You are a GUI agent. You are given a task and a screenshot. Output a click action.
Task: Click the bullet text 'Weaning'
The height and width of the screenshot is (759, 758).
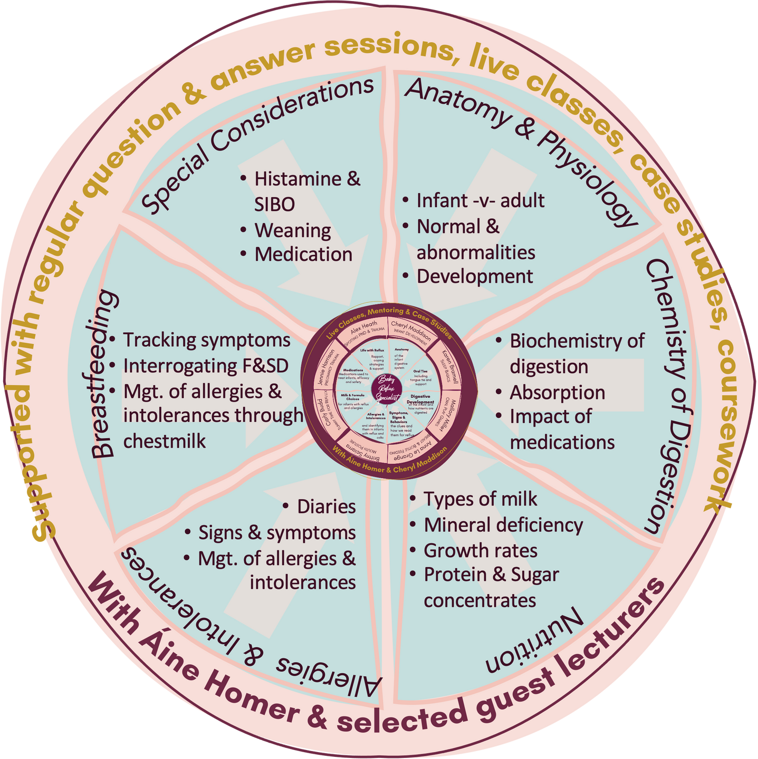point(293,230)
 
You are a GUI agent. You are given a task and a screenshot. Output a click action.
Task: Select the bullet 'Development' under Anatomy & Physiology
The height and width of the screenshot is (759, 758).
point(475,277)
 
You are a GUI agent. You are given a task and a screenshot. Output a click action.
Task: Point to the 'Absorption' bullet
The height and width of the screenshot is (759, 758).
point(557,393)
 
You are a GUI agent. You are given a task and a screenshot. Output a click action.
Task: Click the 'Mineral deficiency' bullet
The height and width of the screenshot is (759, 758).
point(503,525)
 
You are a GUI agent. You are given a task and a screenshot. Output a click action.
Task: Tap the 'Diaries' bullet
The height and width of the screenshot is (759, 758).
point(326,507)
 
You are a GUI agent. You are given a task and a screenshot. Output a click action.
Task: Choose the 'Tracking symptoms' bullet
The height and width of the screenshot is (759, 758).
point(206,340)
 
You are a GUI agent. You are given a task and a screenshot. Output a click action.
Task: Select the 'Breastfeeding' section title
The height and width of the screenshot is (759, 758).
point(103,374)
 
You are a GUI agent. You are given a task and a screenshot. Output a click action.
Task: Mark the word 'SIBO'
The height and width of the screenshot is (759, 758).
point(274,205)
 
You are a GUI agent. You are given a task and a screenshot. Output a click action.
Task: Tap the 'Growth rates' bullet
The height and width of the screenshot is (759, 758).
point(481,551)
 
